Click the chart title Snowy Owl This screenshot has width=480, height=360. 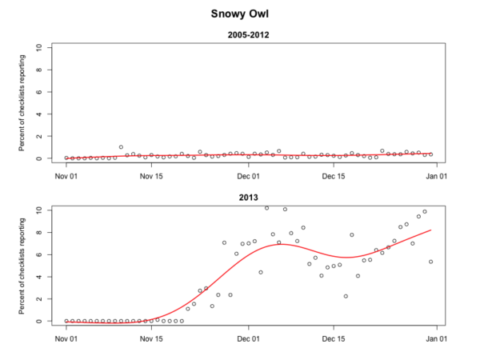(239, 14)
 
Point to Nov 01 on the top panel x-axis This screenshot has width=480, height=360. (66, 175)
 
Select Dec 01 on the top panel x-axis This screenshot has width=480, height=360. (249, 175)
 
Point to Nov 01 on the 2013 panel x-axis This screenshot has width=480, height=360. (66, 338)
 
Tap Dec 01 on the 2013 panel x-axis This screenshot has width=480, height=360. (249, 338)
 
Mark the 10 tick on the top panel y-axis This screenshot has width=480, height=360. (50, 48)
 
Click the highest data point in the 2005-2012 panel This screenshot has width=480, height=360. (121, 147)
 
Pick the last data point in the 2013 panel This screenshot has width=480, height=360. (431, 262)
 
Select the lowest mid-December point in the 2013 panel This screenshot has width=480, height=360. (346, 296)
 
